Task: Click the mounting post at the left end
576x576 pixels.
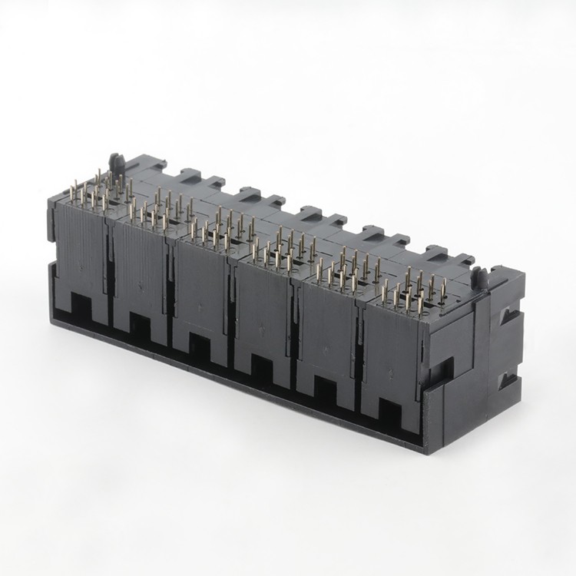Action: [118, 163]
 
